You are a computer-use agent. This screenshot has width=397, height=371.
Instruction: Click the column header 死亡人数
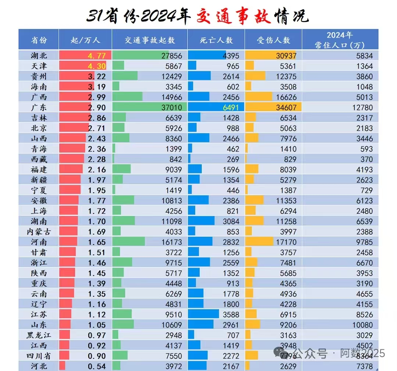[217, 40]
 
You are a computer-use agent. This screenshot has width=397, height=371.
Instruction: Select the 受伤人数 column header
[273, 40]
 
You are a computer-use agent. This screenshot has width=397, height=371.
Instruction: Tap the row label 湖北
[39, 56]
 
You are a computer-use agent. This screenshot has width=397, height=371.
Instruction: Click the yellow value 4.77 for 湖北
[96, 56]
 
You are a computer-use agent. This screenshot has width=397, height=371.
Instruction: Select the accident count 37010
[171, 108]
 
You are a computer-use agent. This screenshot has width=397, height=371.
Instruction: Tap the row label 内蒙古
[39, 232]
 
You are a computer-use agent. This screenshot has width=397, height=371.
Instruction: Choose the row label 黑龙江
[39, 335]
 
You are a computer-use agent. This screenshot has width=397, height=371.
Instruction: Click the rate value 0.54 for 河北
[96, 367]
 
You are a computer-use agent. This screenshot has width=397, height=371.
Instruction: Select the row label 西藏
[39, 159]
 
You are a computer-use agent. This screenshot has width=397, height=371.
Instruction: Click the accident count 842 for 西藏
[175, 159]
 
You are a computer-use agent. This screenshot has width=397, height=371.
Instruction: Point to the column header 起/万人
[85, 40]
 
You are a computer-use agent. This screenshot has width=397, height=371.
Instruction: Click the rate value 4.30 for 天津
[96, 66]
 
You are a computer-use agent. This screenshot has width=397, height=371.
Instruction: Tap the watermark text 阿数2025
[362, 353]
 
